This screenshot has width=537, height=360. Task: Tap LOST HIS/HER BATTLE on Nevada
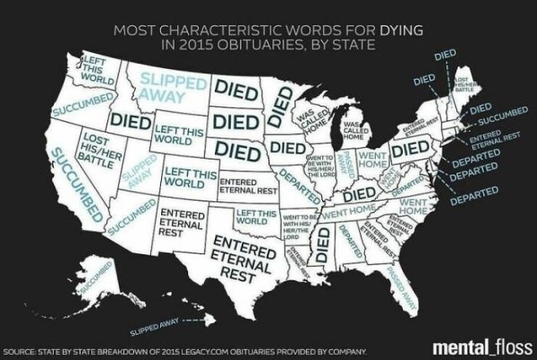pos(100,144)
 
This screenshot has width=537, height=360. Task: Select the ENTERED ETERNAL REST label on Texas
pos(242,254)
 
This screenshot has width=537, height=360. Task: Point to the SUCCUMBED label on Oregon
pos(79,108)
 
